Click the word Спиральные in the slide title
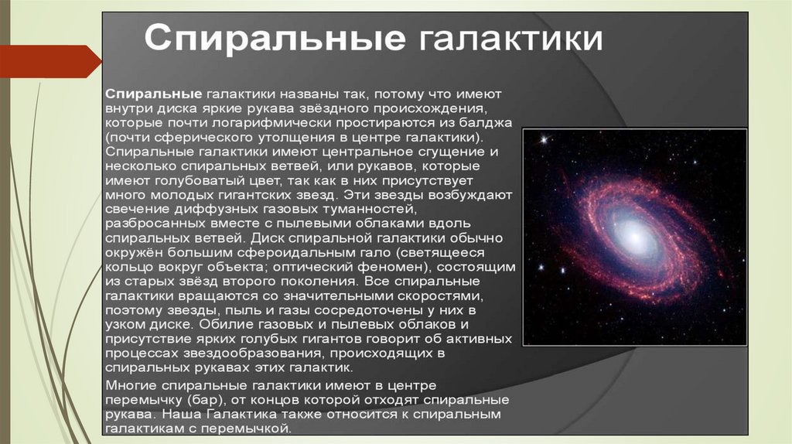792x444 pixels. [x=275, y=38]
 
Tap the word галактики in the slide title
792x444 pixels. [x=510, y=39]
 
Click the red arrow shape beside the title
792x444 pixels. [x=50, y=61]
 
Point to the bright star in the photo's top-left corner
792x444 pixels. [x=544, y=139]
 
